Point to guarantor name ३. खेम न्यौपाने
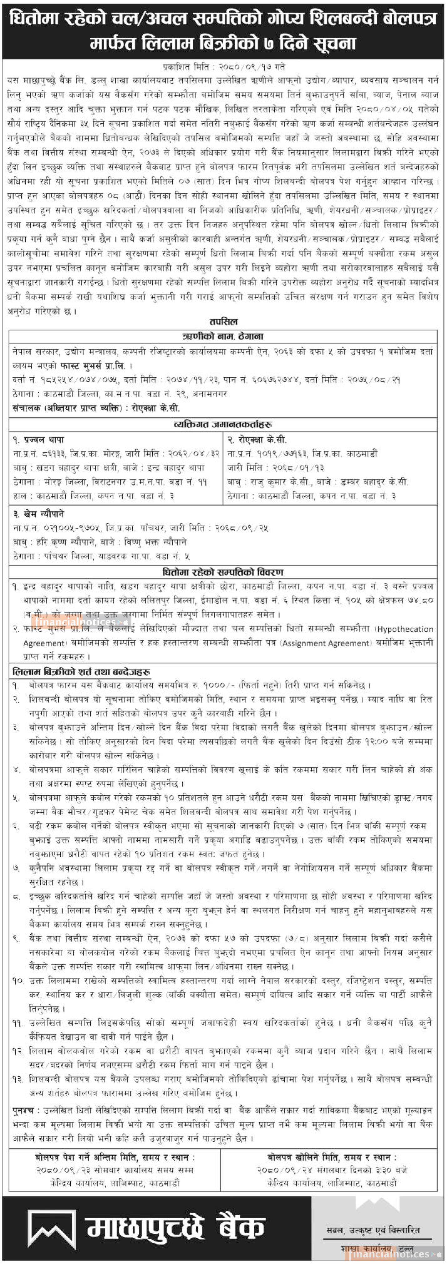[39, 514]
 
